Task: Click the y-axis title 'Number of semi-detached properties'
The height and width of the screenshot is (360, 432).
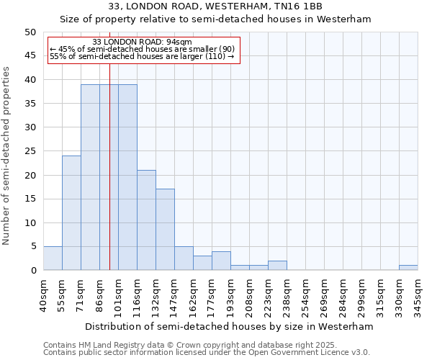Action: [x=6, y=156]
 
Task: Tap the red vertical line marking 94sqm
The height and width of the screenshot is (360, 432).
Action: [x=109, y=180]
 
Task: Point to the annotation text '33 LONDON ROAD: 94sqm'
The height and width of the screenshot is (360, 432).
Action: [x=143, y=42]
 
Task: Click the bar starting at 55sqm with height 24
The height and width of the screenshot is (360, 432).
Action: [x=71, y=213]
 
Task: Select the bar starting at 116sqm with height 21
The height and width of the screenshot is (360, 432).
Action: [x=146, y=220]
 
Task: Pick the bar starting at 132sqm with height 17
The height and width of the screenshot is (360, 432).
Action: [x=165, y=230]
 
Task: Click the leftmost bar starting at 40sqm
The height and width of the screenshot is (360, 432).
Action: [x=53, y=258]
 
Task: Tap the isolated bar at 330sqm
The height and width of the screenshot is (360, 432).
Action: [x=408, y=268]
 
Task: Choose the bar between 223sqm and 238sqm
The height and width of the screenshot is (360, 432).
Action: [x=277, y=266]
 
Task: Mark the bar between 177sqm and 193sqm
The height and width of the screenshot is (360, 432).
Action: [x=221, y=261]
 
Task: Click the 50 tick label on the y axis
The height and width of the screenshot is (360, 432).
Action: [x=30, y=32]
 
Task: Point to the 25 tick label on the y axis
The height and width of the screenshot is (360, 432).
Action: [x=30, y=151]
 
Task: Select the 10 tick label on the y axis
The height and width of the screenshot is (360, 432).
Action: [x=30, y=222]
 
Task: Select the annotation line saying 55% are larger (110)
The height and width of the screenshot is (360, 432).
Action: [x=143, y=56]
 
